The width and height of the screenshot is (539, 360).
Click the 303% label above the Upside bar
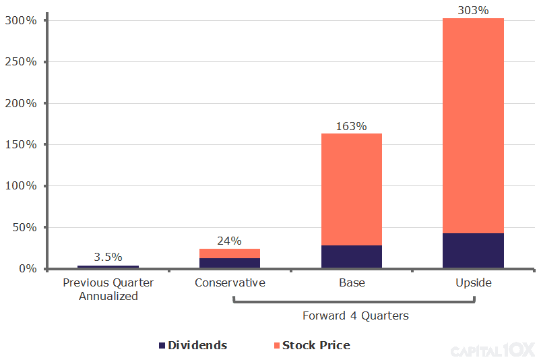(473, 10)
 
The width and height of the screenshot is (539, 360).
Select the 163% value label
(352, 126)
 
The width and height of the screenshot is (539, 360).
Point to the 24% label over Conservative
(229, 241)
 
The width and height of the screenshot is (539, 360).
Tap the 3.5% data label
(108, 257)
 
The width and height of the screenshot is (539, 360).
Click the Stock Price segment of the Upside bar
(473, 125)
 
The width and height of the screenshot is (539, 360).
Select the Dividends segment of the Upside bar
(473, 250)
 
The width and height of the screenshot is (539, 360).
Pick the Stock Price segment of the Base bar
(352, 189)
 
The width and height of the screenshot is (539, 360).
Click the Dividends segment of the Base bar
(352, 256)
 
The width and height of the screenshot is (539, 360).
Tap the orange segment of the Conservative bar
(229, 253)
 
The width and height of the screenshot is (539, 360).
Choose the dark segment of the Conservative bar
(229, 263)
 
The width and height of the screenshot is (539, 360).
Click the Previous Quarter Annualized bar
(108, 266)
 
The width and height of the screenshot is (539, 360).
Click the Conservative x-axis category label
(230, 282)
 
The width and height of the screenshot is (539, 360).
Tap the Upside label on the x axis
(474, 282)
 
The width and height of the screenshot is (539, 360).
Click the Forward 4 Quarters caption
(355, 316)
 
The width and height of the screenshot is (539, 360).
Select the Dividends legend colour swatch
(162, 346)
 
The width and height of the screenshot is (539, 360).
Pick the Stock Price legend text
(316, 345)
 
